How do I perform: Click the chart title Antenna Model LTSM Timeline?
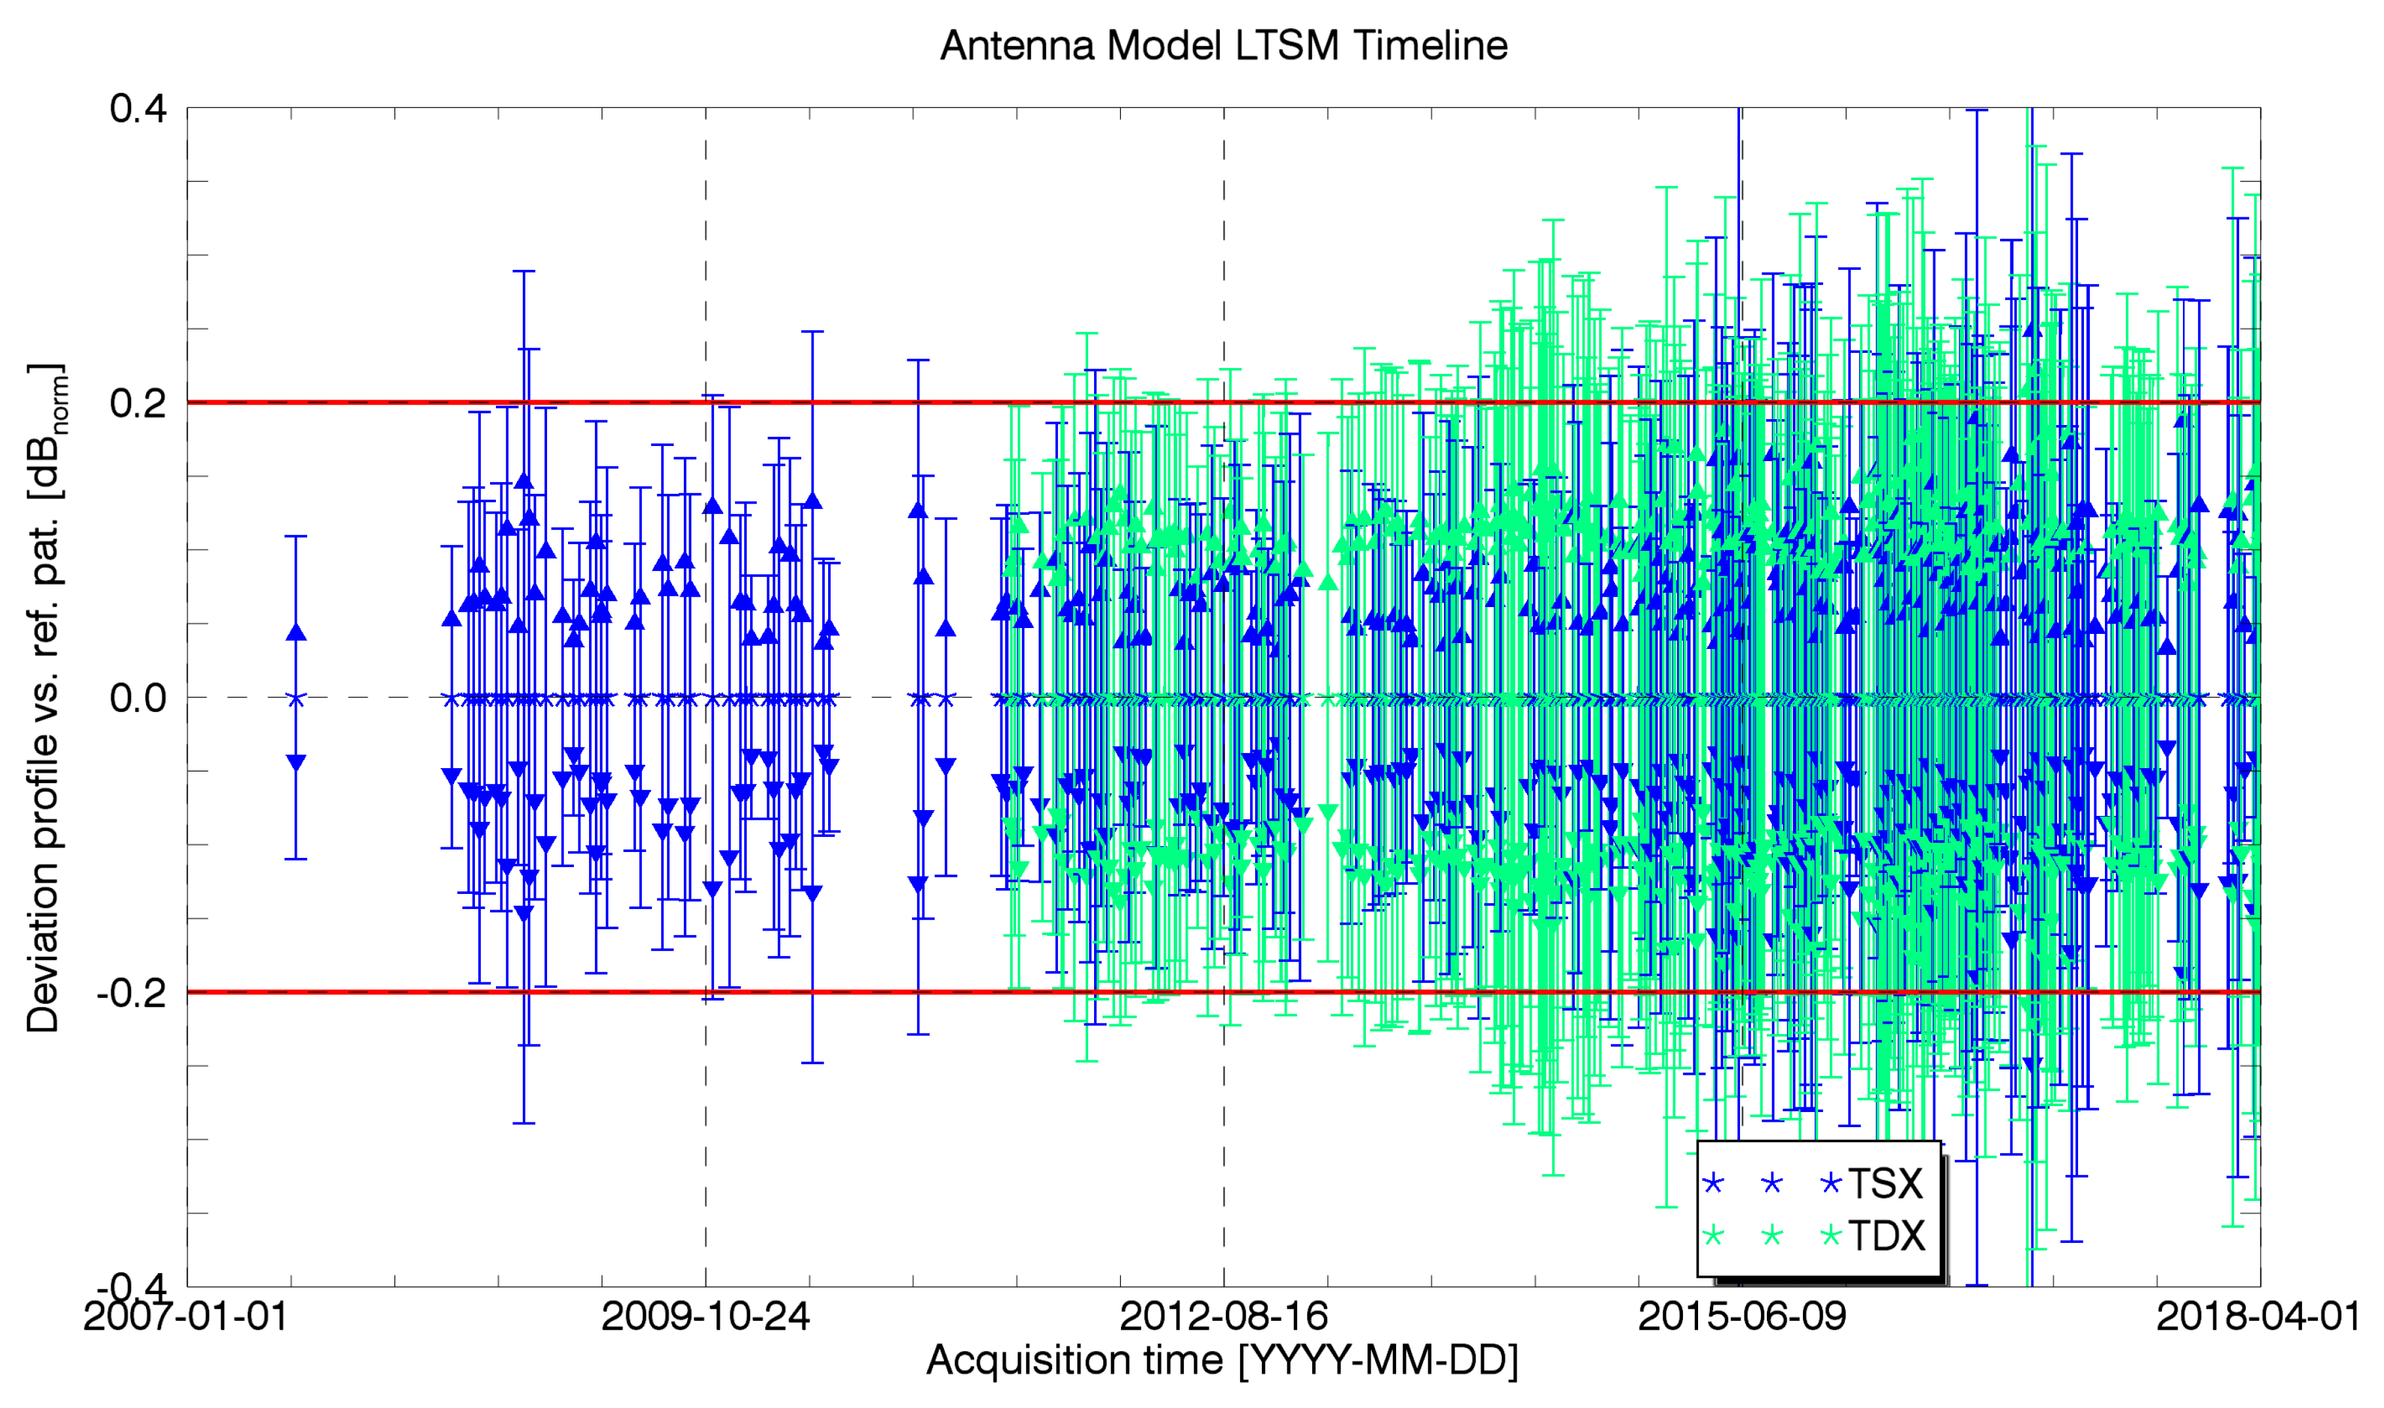click(1223, 46)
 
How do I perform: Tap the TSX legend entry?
click(1885, 1183)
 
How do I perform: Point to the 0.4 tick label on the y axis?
click(139, 108)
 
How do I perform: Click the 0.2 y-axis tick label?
click(139, 402)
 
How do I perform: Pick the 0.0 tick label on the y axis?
click(139, 697)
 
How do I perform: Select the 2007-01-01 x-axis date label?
click(186, 1317)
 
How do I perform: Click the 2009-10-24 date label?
click(705, 1317)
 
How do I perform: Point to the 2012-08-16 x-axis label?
click(1223, 1317)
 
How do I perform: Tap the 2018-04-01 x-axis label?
click(2259, 1317)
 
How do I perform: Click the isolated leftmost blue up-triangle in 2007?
click(296, 632)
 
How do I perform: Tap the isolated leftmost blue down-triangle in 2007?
click(296, 763)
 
